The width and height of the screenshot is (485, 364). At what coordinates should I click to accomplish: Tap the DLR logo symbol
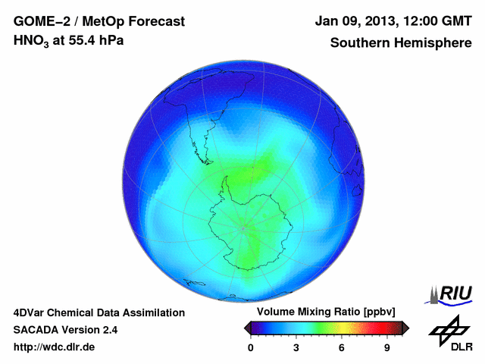[449, 329]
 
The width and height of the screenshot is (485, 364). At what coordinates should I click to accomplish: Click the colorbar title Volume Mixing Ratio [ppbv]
[324, 312]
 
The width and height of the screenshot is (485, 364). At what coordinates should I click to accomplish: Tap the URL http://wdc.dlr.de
[54, 347]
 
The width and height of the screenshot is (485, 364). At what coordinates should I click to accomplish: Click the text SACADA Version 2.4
[65, 330]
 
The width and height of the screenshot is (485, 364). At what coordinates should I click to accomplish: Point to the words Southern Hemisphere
[400, 43]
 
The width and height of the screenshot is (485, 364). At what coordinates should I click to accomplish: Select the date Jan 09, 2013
[353, 20]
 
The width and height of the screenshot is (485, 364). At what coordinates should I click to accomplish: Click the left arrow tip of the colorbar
[246, 328]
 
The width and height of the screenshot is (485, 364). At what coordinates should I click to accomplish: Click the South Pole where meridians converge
[242, 227]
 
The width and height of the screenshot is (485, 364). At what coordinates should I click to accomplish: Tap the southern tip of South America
[204, 162]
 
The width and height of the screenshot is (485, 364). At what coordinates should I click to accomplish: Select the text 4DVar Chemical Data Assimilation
[99, 312]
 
